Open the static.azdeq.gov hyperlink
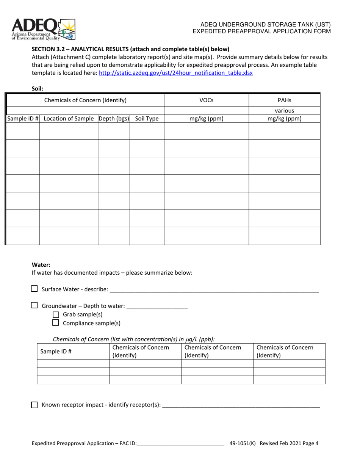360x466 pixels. point(175,73)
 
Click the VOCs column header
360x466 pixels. point(206,100)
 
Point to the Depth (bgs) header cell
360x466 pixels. point(114,119)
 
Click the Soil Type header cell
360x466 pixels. point(147,119)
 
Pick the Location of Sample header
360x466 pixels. point(69,119)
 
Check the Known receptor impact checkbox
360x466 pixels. point(34,405)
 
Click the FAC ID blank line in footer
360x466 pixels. point(180,443)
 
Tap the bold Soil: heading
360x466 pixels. point(38,89)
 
